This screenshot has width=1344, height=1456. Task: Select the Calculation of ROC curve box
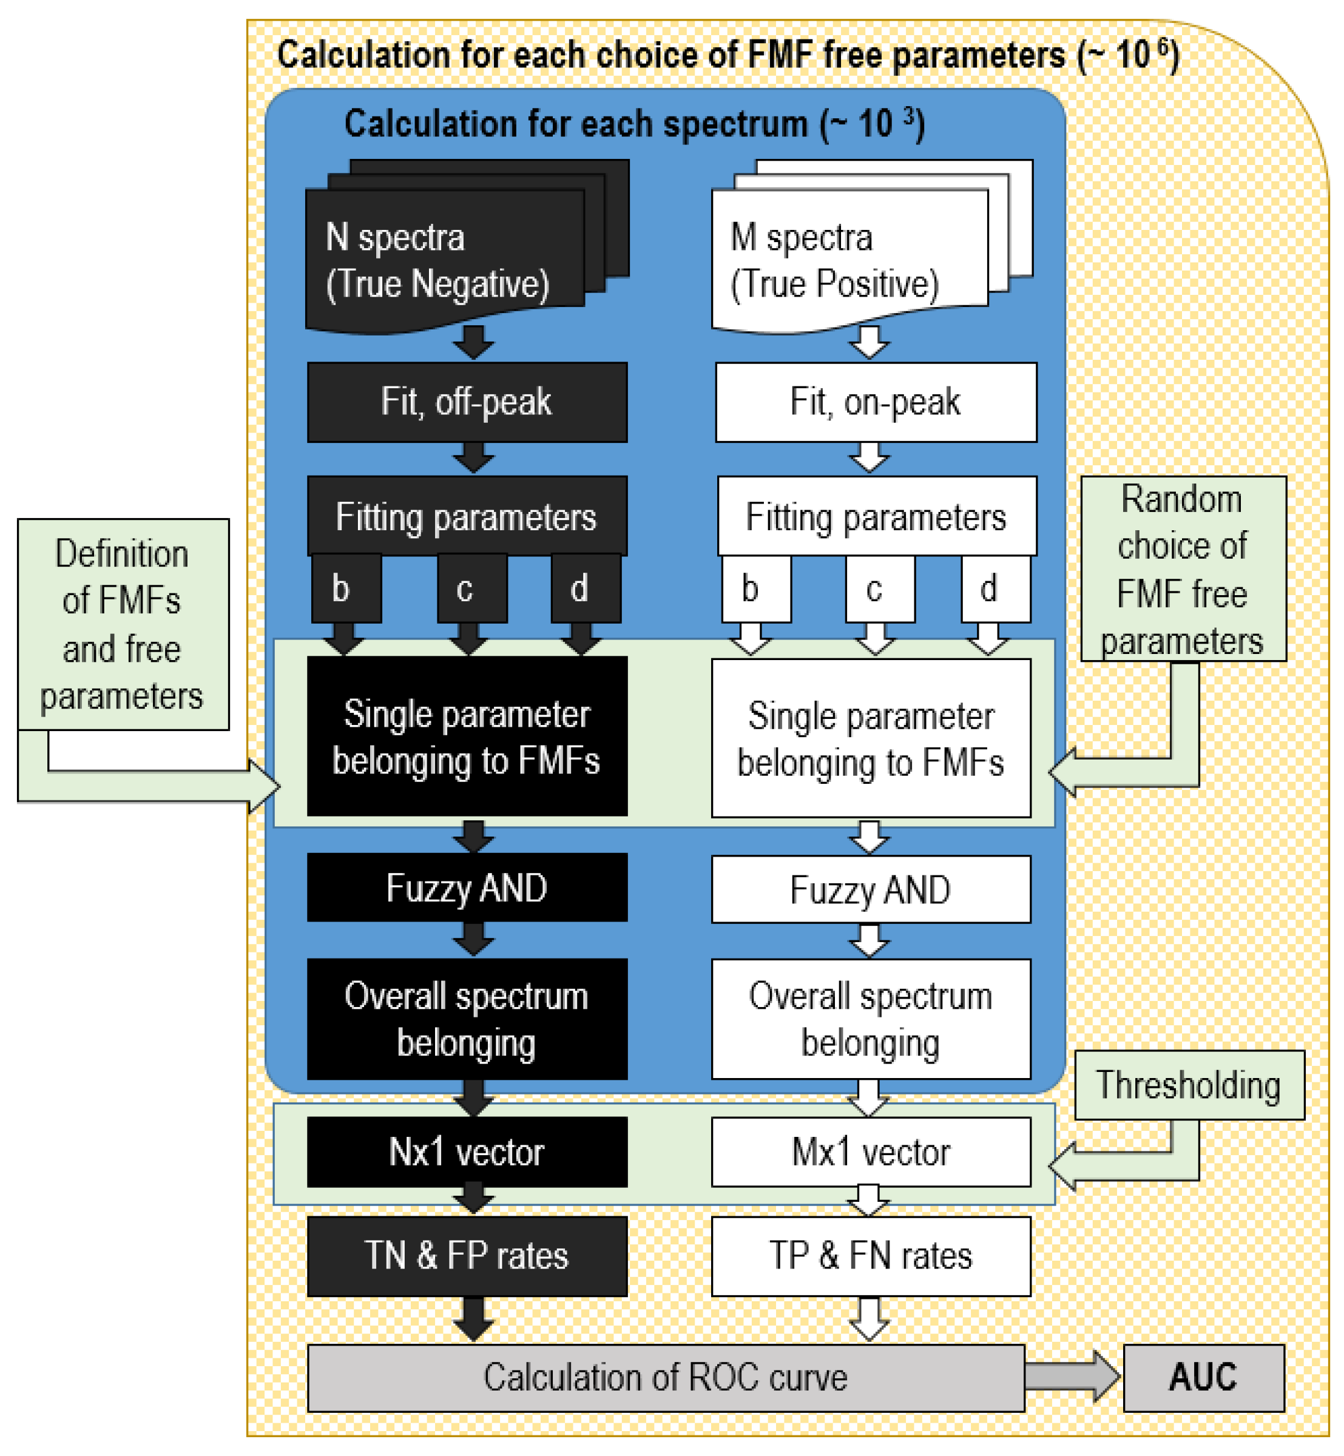tap(666, 1378)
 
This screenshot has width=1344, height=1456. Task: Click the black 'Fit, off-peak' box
tap(467, 402)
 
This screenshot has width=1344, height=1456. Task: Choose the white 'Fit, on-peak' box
tap(876, 402)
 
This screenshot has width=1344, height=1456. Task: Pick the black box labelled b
tap(346, 588)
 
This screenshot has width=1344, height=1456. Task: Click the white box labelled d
tap(995, 588)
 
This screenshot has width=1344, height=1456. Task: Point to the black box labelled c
tap(471, 588)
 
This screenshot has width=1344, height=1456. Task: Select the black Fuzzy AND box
tap(467, 888)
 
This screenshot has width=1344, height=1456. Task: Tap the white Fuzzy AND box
tap(871, 889)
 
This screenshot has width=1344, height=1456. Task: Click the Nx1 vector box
tap(467, 1152)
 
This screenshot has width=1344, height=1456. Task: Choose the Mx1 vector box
tap(871, 1152)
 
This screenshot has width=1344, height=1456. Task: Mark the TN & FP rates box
tap(467, 1256)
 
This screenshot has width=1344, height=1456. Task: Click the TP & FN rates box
tap(871, 1256)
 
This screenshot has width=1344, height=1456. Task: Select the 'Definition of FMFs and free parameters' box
tap(122, 624)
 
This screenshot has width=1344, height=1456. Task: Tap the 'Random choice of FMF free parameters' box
tap(1183, 568)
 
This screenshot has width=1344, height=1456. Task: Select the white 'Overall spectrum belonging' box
tap(871, 1018)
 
